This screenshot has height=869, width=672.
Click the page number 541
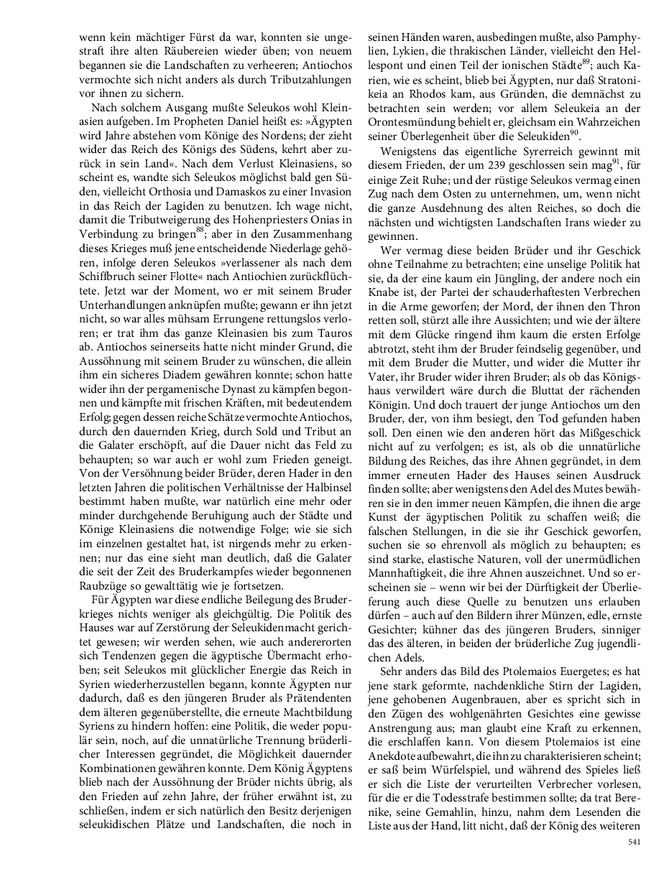633,841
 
